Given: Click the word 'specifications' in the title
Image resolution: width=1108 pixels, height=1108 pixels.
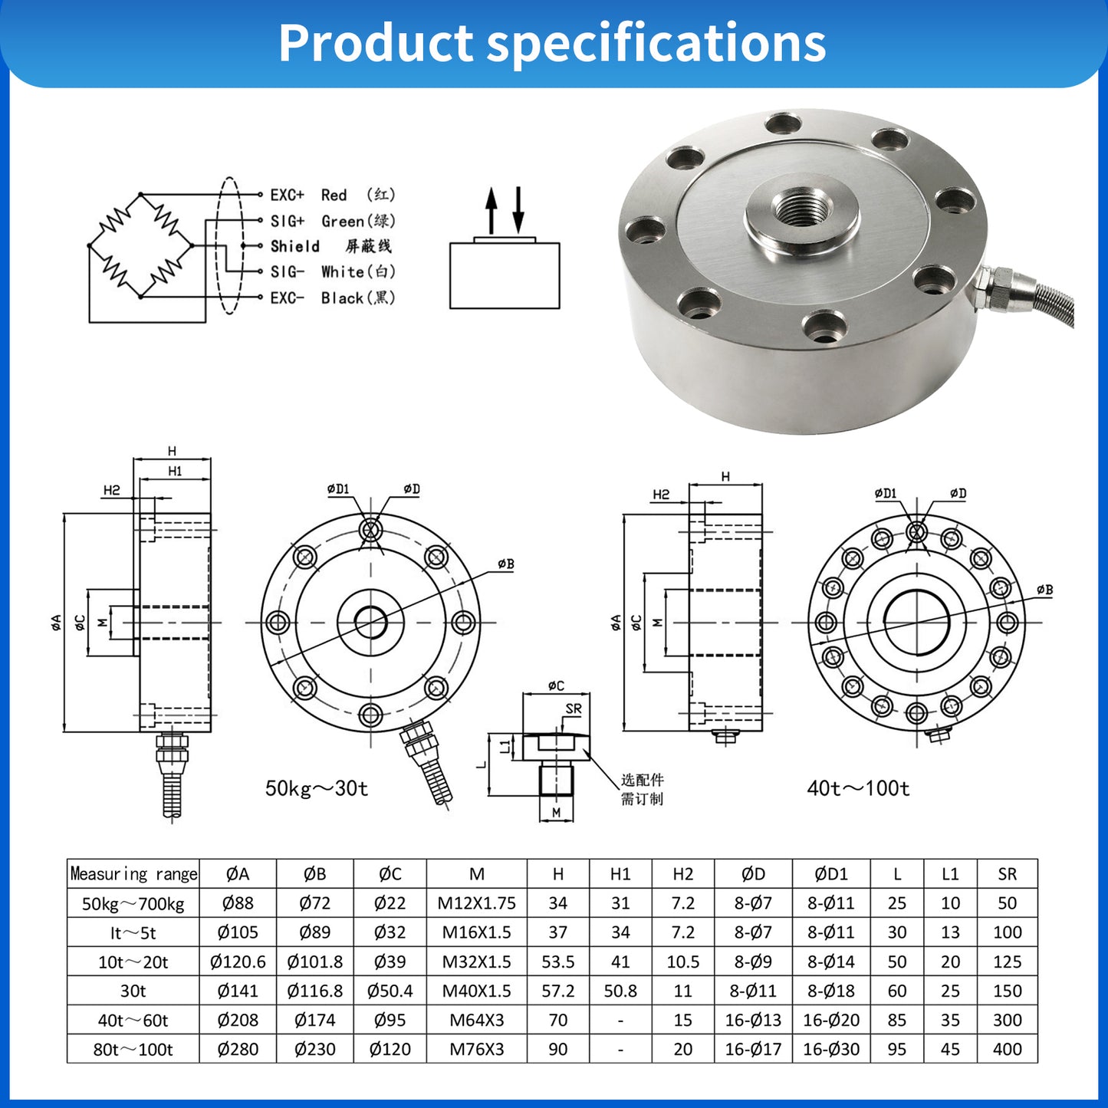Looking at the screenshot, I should point(656,44).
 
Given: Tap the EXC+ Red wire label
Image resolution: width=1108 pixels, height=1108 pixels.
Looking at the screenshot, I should point(332,195).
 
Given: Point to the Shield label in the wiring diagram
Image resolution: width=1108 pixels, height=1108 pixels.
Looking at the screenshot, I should point(295,246).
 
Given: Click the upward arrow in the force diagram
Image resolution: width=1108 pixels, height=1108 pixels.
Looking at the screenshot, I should point(491,211).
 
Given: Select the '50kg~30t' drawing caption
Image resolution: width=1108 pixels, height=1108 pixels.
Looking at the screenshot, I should point(317,788).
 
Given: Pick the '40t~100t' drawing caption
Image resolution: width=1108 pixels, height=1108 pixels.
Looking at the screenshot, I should point(858,788).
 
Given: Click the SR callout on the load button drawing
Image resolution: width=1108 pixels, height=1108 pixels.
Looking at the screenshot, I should point(573,709).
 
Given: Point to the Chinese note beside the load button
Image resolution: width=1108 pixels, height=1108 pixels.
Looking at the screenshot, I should point(642,789).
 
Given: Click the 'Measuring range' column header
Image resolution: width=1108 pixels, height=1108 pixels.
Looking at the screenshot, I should point(133,874).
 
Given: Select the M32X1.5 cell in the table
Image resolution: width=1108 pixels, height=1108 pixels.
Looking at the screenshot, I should point(476,962).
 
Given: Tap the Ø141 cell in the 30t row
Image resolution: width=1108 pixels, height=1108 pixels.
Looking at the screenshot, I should point(238,991).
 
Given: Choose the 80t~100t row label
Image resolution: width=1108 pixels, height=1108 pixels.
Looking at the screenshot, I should point(133,1049).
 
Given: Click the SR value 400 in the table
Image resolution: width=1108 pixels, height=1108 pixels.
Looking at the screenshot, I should point(1007,1049).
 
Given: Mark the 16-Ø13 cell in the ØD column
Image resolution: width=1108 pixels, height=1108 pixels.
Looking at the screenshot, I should point(753,1020).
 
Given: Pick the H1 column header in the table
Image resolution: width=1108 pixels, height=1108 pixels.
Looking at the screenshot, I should point(620,874).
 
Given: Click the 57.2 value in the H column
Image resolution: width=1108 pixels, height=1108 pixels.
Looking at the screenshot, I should point(557,991).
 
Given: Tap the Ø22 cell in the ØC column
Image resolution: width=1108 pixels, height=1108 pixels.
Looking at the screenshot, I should point(390,903).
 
